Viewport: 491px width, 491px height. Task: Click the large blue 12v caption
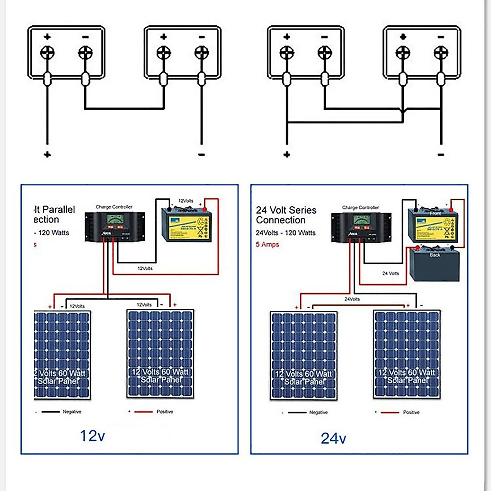[92, 436]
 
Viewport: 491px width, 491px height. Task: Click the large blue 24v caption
[333, 438]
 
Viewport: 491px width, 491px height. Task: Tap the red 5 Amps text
[267, 244]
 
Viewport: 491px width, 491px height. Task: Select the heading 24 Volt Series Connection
[286, 215]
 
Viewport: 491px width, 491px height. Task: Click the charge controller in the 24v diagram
[361, 227]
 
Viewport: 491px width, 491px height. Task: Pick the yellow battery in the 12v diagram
[187, 225]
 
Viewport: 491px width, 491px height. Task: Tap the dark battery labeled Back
[435, 264]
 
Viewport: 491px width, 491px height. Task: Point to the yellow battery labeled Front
[433, 225]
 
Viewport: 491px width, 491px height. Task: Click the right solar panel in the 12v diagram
[160, 354]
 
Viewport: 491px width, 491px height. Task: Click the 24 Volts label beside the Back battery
[390, 273]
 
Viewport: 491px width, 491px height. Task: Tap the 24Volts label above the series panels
[352, 299]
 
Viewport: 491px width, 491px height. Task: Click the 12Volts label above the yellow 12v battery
[186, 201]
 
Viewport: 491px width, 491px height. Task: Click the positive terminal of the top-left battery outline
[47, 52]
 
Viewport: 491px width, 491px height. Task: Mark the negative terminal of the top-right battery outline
[441, 52]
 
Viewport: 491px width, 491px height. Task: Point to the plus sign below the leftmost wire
[47, 155]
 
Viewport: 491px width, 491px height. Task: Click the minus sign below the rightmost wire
[441, 155]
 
